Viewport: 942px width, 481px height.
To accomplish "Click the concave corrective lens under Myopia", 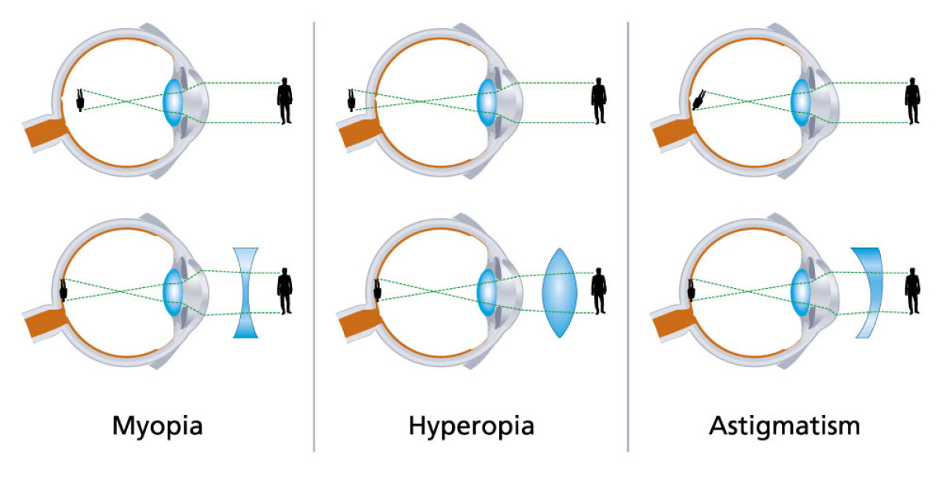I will [x=246, y=293].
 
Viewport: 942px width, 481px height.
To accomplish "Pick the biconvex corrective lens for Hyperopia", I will [x=559, y=293].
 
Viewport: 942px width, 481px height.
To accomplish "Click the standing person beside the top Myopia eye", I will [x=285, y=101].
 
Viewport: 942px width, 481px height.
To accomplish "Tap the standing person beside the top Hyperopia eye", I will [x=599, y=101].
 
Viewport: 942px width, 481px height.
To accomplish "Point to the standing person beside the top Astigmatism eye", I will [x=912, y=101].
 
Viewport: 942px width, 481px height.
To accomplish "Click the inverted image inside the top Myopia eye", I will [x=80, y=100].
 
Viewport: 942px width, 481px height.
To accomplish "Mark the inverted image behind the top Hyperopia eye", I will [x=352, y=100].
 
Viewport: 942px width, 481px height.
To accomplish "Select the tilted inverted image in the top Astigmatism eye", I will [x=699, y=99].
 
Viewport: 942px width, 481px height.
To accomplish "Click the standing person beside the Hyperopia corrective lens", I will [x=599, y=291].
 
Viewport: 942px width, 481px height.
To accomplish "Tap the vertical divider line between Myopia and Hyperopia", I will [x=314, y=235].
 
